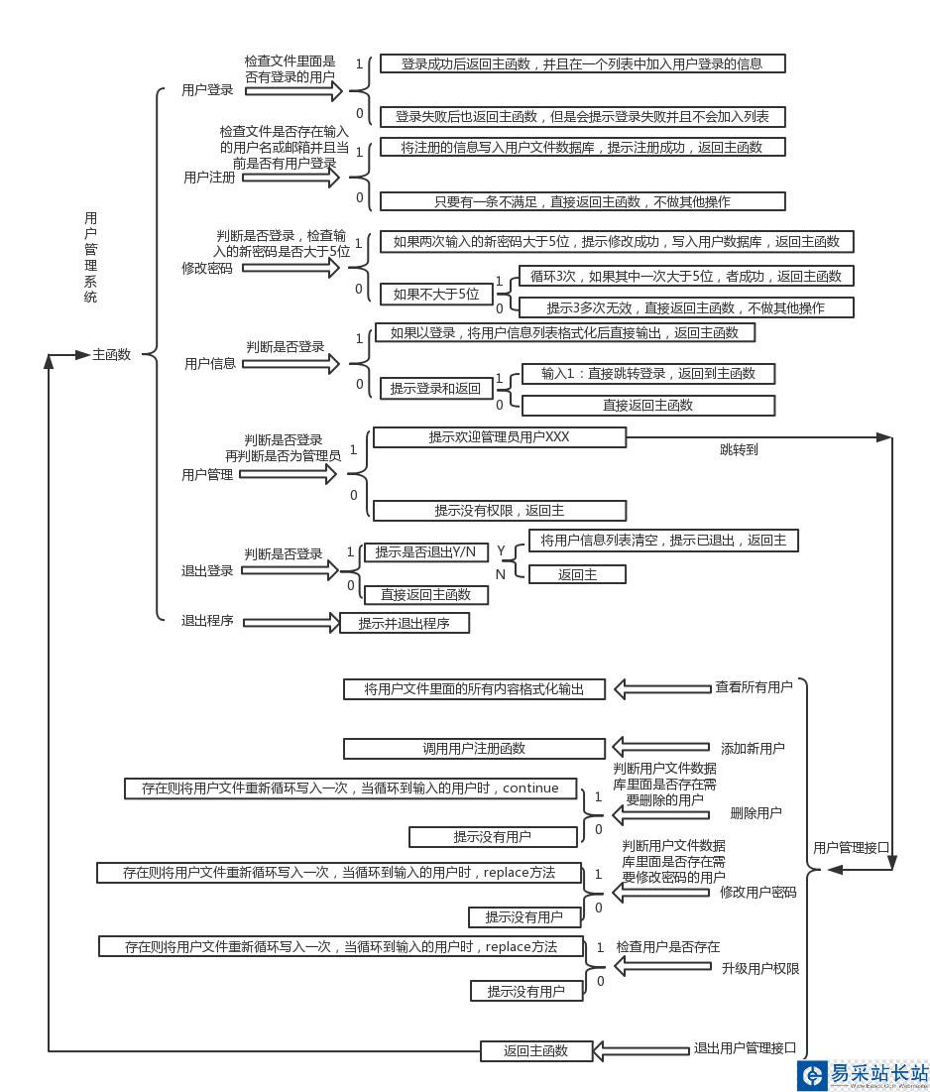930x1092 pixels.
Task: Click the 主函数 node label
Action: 111,354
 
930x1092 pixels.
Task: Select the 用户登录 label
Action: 207,90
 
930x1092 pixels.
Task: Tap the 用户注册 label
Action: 209,178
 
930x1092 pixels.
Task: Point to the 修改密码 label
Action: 206,268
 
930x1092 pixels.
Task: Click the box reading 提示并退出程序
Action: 403,624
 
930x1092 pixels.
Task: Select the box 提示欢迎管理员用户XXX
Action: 499,437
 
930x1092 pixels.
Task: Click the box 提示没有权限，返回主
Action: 499,511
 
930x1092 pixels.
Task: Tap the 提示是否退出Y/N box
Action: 424,552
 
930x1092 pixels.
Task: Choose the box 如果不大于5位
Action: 435,294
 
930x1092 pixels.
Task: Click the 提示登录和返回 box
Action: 435,389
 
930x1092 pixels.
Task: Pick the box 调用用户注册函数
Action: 473,748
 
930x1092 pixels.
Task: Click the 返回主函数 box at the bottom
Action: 535,1050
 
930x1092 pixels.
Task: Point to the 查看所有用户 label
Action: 754,686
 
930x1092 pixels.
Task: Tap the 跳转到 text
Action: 739,449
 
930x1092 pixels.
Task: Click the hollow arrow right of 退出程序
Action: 291,623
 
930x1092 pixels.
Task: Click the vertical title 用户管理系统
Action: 90,257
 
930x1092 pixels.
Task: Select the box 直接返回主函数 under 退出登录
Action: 425,594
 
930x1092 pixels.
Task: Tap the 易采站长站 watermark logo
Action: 863,1074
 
